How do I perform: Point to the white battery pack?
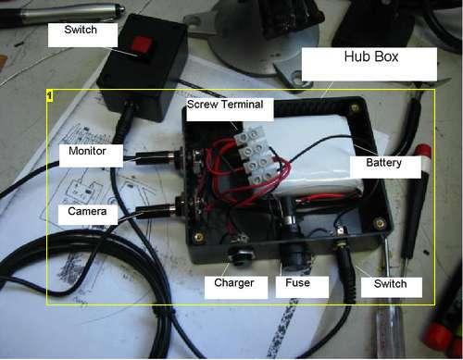click(x=317, y=155)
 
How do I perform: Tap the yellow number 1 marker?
click(x=50, y=95)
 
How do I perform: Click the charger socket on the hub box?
click(x=240, y=254)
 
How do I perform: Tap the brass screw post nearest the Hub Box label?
click(x=355, y=107)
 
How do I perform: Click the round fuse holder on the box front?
click(x=294, y=257)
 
